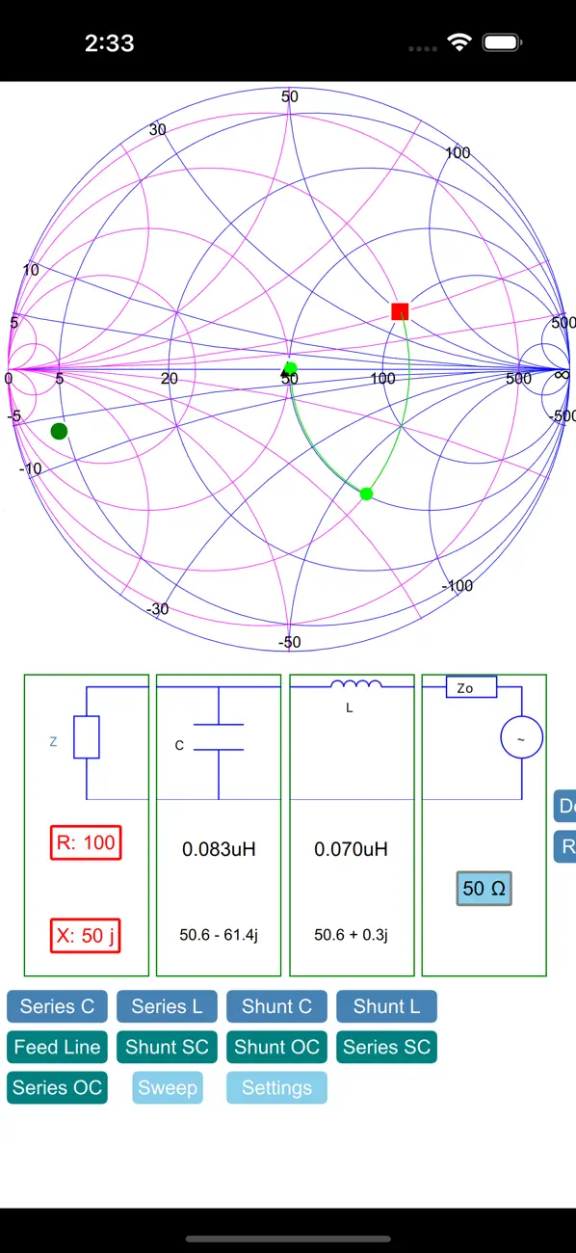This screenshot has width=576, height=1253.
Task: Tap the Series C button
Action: click(57, 1006)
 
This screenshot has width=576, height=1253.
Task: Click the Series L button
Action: click(167, 1006)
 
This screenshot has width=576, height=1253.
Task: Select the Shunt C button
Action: click(276, 1006)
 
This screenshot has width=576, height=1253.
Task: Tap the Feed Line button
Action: click(57, 1047)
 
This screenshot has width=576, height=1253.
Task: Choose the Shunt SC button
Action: click(167, 1047)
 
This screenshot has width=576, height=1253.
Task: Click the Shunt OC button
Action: click(276, 1047)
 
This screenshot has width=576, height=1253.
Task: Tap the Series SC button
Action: click(386, 1047)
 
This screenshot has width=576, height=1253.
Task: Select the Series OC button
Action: click(57, 1087)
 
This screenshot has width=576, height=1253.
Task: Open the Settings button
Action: click(276, 1087)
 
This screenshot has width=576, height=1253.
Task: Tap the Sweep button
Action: click(168, 1087)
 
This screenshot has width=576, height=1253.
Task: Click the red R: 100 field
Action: click(86, 842)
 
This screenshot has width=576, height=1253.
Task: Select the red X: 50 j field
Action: click(86, 935)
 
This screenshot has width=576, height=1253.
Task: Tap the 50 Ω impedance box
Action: click(484, 889)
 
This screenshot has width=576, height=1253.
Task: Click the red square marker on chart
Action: click(400, 311)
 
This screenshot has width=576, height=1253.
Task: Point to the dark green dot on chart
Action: click(59, 431)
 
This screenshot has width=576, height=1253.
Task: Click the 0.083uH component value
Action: click(219, 849)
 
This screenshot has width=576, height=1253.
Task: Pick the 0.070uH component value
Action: click(351, 849)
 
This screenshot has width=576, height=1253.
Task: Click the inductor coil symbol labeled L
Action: click(356, 683)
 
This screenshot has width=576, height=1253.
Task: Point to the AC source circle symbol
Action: click(521, 737)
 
